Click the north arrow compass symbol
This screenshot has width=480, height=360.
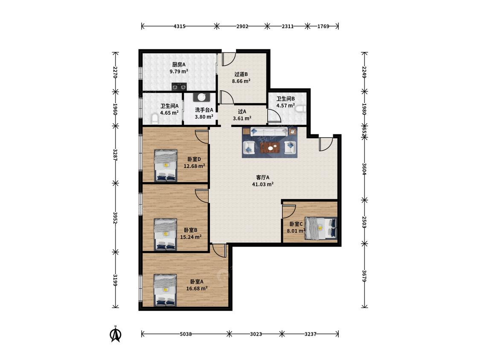click(x=115, y=334)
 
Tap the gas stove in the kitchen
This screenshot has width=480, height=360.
click(x=179, y=87)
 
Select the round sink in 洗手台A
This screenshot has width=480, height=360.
click(x=201, y=97)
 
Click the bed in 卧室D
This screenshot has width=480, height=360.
click(x=166, y=165)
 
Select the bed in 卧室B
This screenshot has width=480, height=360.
click(x=166, y=235)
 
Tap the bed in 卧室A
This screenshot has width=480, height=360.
click(x=166, y=290)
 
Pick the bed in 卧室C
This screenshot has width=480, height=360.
click(x=321, y=228)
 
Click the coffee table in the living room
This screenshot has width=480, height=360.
click(x=270, y=148)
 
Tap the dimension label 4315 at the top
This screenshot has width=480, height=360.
click(x=179, y=26)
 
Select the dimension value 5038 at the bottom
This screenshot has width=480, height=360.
click(x=186, y=334)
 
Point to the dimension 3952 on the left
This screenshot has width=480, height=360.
click(x=115, y=218)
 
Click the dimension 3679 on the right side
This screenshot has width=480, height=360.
click(x=364, y=276)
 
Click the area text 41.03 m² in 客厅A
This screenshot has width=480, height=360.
click(x=263, y=184)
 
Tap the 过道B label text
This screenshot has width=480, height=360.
click(x=241, y=74)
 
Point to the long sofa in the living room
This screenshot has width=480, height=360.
click(x=269, y=132)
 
